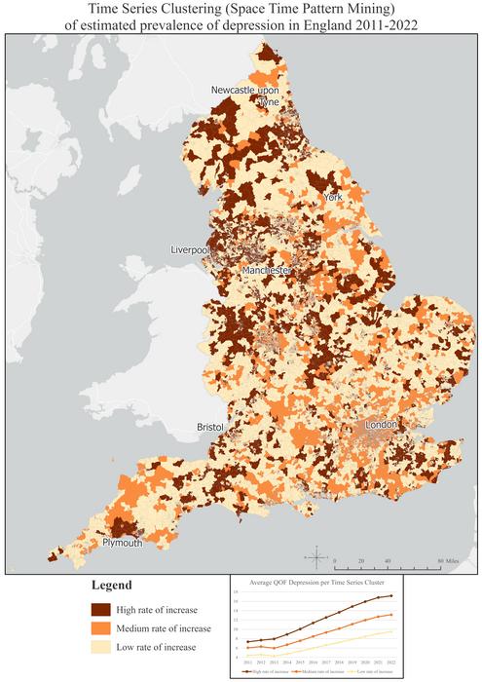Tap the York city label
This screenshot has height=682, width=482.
point(333,197)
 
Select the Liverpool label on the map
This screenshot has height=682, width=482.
point(190,249)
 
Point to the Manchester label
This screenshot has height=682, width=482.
point(268,269)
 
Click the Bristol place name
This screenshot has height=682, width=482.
point(209,427)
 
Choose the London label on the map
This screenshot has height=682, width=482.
point(382,426)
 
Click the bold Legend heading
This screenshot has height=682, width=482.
point(112,587)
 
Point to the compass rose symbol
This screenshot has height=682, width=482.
point(316,557)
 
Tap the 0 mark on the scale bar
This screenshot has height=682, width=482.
point(334,562)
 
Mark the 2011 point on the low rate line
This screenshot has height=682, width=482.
point(248,655)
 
